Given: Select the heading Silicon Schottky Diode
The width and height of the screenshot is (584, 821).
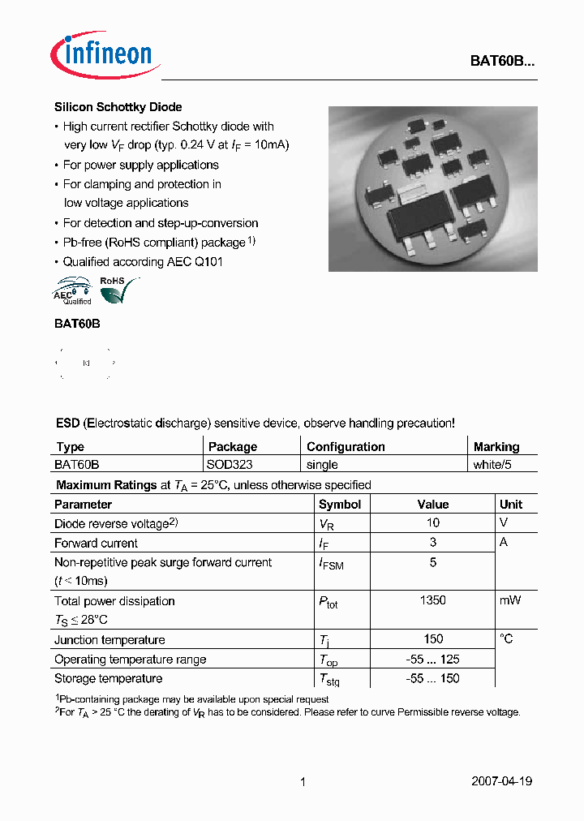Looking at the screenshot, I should click(x=118, y=107).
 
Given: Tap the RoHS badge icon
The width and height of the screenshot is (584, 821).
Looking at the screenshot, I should click(x=118, y=290).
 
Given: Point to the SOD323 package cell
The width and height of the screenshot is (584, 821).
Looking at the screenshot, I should click(x=230, y=465).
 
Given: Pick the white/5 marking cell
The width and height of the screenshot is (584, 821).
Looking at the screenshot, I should click(x=492, y=465).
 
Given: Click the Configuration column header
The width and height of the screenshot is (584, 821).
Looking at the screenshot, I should click(x=346, y=447).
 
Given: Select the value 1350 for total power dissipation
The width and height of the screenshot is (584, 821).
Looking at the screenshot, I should click(x=432, y=600).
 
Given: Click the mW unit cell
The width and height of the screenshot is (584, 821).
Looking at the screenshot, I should click(x=511, y=600).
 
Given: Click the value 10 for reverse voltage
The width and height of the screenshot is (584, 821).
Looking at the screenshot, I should click(x=432, y=523).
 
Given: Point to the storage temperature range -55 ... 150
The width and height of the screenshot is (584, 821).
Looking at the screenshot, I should click(x=432, y=678).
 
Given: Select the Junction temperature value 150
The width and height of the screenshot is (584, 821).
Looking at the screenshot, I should click(x=432, y=639).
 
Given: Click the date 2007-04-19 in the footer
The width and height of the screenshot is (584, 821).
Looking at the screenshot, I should click(x=501, y=781).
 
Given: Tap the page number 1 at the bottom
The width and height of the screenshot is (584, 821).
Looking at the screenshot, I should click(x=303, y=781).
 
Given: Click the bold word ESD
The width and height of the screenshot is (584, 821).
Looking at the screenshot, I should click(x=67, y=423).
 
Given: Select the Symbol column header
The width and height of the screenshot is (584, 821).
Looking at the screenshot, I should click(x=340, y=505).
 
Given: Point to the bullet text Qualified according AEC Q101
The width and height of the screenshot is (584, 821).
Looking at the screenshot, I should click(x=143, y=261).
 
